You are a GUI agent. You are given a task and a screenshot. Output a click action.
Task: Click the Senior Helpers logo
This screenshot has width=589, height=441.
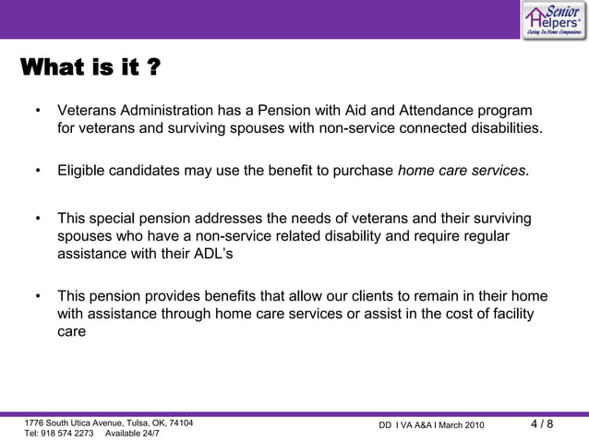[x=552, y=19]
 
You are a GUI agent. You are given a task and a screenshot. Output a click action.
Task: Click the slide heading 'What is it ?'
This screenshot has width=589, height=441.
[x=89, y=69]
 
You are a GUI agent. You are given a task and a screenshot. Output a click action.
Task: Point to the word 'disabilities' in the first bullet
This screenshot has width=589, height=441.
[x=501, y=127]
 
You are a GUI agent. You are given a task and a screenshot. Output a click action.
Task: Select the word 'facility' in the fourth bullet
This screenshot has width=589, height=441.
[x=506, y=314]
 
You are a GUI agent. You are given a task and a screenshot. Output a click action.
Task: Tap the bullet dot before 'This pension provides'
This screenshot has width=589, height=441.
[x=38, y=296]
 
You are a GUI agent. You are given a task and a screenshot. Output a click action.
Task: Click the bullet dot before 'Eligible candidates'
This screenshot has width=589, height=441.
[x=38, y=172]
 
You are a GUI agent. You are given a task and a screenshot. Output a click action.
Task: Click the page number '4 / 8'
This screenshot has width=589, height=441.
[x=542, y=424]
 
